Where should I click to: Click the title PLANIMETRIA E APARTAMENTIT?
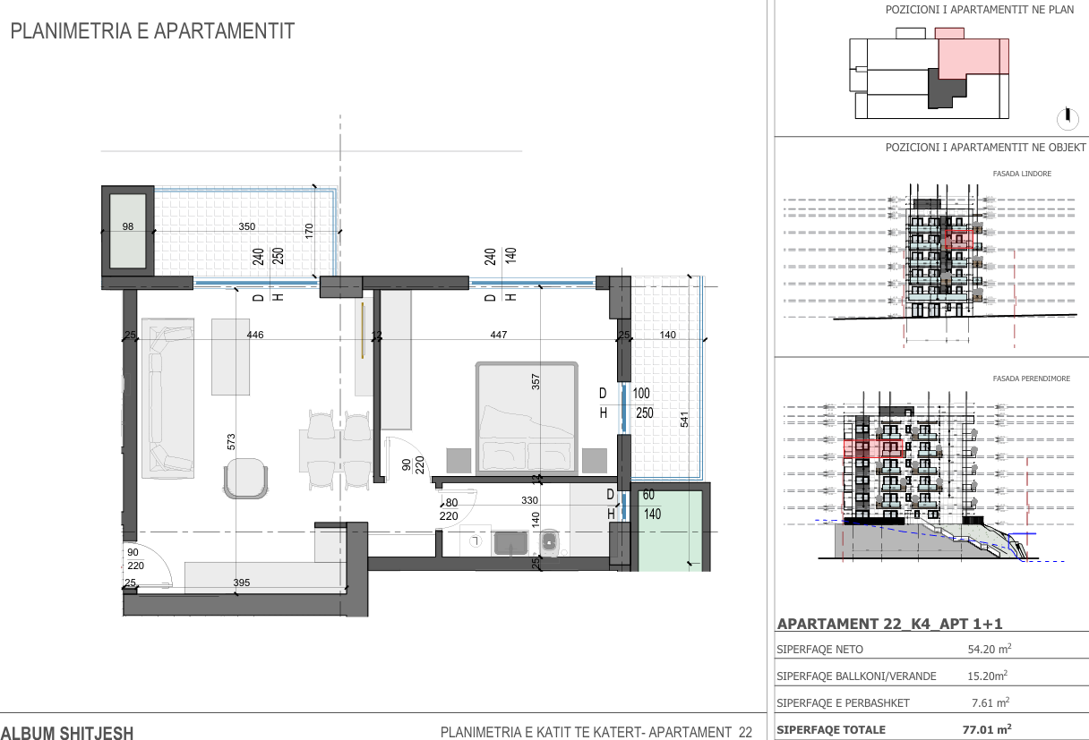point(152,31)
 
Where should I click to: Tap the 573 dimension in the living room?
point(231,442)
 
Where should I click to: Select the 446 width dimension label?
point(255,335)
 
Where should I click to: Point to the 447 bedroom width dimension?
point(499,335)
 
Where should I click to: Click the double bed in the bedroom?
point(527,418)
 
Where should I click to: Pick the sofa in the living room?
point(167,398)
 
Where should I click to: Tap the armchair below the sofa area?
point(245,479)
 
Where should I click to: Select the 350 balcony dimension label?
point(247,226)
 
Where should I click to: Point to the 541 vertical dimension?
point(684,420)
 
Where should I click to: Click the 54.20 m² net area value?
point(990,649)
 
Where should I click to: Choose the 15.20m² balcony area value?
point(988,676)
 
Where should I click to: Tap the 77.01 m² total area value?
point(987,729)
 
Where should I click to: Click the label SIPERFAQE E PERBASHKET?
point(843,703)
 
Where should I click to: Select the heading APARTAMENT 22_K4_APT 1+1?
point(889,624)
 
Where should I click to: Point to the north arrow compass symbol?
point(1068,118)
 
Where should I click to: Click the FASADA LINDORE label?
point(1022,174)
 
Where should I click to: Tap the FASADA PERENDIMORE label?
point(1031,379)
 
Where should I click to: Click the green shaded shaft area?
point(670,531)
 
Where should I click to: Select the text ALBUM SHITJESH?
point(67,733)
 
